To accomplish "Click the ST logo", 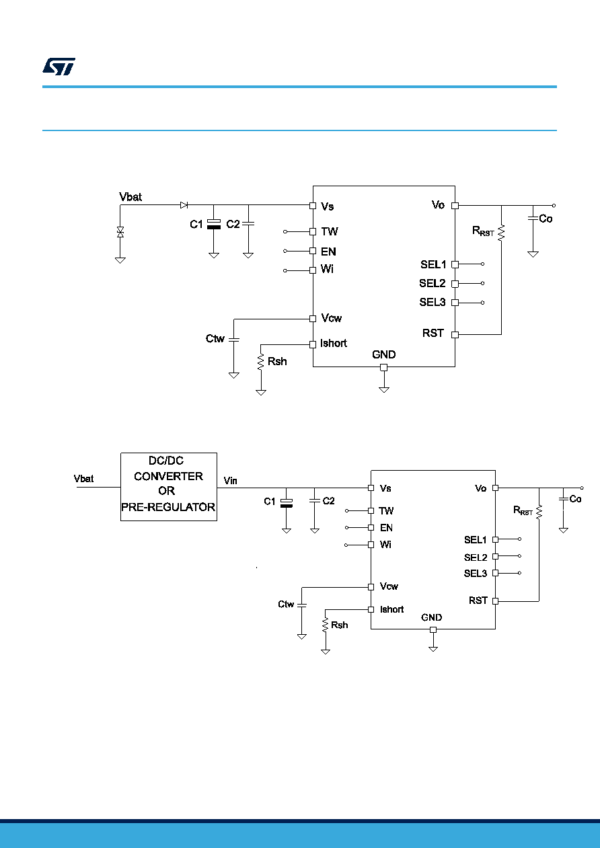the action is coord(59,67).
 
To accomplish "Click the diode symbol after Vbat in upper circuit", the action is coord(184,205).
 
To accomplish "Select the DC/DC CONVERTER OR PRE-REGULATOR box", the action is coord(169,487).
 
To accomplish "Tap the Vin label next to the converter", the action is coord(230,481).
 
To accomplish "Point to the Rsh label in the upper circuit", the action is coord(277,362).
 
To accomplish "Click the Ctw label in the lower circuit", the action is coord(286,604).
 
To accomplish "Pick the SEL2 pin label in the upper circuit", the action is coord(433,283).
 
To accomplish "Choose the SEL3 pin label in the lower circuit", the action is coord(476,574).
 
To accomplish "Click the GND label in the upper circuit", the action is coord(384,354).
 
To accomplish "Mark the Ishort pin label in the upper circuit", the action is coord(334,344).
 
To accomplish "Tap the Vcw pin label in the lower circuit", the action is coord(389,586).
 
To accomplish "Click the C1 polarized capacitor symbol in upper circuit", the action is coord(214,224).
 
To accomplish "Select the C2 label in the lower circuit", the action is coord(328,501).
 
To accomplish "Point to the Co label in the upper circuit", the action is coord(546,219).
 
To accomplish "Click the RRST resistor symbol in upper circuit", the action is coord(501,233).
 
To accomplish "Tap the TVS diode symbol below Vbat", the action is coord(120,232).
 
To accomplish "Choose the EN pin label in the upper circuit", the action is coord(328,252).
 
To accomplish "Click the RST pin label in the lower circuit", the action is coord(478,601).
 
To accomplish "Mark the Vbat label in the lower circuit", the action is coord(83,479).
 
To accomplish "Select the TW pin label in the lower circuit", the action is coord(386,511).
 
